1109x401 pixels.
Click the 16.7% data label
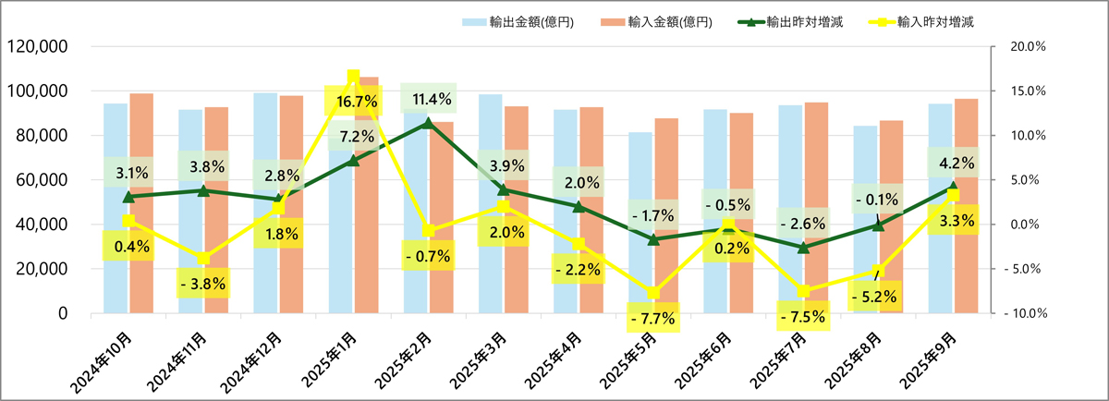tap(353, 102)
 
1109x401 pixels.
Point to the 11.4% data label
tap(428, 99)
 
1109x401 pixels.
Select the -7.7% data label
tap(652, 319)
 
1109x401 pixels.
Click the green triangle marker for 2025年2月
tap(428, 123)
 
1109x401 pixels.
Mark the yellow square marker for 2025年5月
tap(653, 293)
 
